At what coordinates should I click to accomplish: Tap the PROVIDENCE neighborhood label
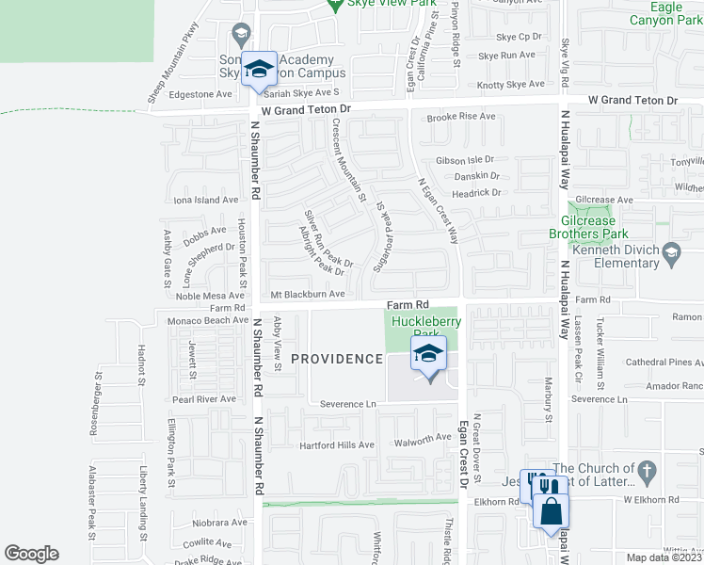[x=337, y=359]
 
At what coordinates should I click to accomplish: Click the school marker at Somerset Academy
[x=259, y=69]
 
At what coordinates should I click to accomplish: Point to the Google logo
[x=31, y=554]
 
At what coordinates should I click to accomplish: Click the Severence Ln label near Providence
[x=348, y=404]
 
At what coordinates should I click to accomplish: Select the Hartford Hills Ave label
[x=336, y=445]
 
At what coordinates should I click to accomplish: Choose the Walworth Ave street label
[x=423, y=438]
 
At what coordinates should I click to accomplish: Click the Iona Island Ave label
[x=206, y=200]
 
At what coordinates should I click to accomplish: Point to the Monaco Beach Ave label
[x=208, y=320]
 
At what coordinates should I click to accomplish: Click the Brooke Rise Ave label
[x=460, y=117]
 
